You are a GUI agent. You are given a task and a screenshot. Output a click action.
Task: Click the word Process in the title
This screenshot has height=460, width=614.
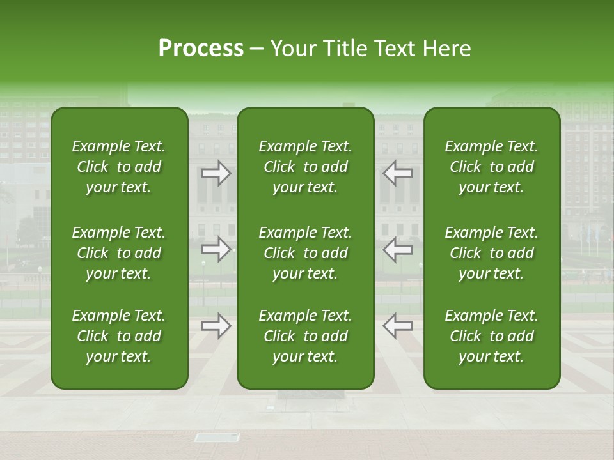coord(201,49)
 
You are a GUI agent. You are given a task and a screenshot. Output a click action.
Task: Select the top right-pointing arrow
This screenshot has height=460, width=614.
coord(216,173)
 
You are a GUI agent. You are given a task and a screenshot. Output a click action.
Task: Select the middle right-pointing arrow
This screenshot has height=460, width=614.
coord(216,249)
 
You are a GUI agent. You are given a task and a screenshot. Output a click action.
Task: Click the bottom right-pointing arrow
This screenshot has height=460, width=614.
coord(216,326)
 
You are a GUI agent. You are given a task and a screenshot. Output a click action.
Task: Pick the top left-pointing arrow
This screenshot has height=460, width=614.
coord(398,173)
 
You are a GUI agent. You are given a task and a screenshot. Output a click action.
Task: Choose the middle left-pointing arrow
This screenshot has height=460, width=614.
coord(398,249)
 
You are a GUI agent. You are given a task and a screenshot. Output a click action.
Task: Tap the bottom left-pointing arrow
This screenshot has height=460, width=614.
coord(398,326)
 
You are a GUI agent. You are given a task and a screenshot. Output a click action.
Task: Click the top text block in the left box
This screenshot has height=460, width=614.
coord(119,167)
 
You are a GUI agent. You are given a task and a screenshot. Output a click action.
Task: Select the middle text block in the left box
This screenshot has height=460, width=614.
coord(119,253)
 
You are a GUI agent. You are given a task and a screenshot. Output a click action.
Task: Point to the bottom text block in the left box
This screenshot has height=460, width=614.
coord(119,336)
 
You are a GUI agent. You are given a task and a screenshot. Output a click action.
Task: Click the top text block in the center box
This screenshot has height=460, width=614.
coord(305,167)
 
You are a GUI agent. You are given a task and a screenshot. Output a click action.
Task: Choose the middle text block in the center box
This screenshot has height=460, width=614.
coord(305,253)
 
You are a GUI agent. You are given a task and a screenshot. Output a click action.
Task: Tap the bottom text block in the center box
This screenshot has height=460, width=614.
coord(305,336)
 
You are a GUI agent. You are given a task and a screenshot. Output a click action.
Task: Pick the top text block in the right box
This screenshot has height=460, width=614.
coord(492,167)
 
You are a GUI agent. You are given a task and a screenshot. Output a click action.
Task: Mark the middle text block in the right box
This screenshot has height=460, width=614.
coord(492,253)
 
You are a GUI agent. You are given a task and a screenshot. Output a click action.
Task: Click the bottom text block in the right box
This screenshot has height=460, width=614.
coord(492,336)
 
